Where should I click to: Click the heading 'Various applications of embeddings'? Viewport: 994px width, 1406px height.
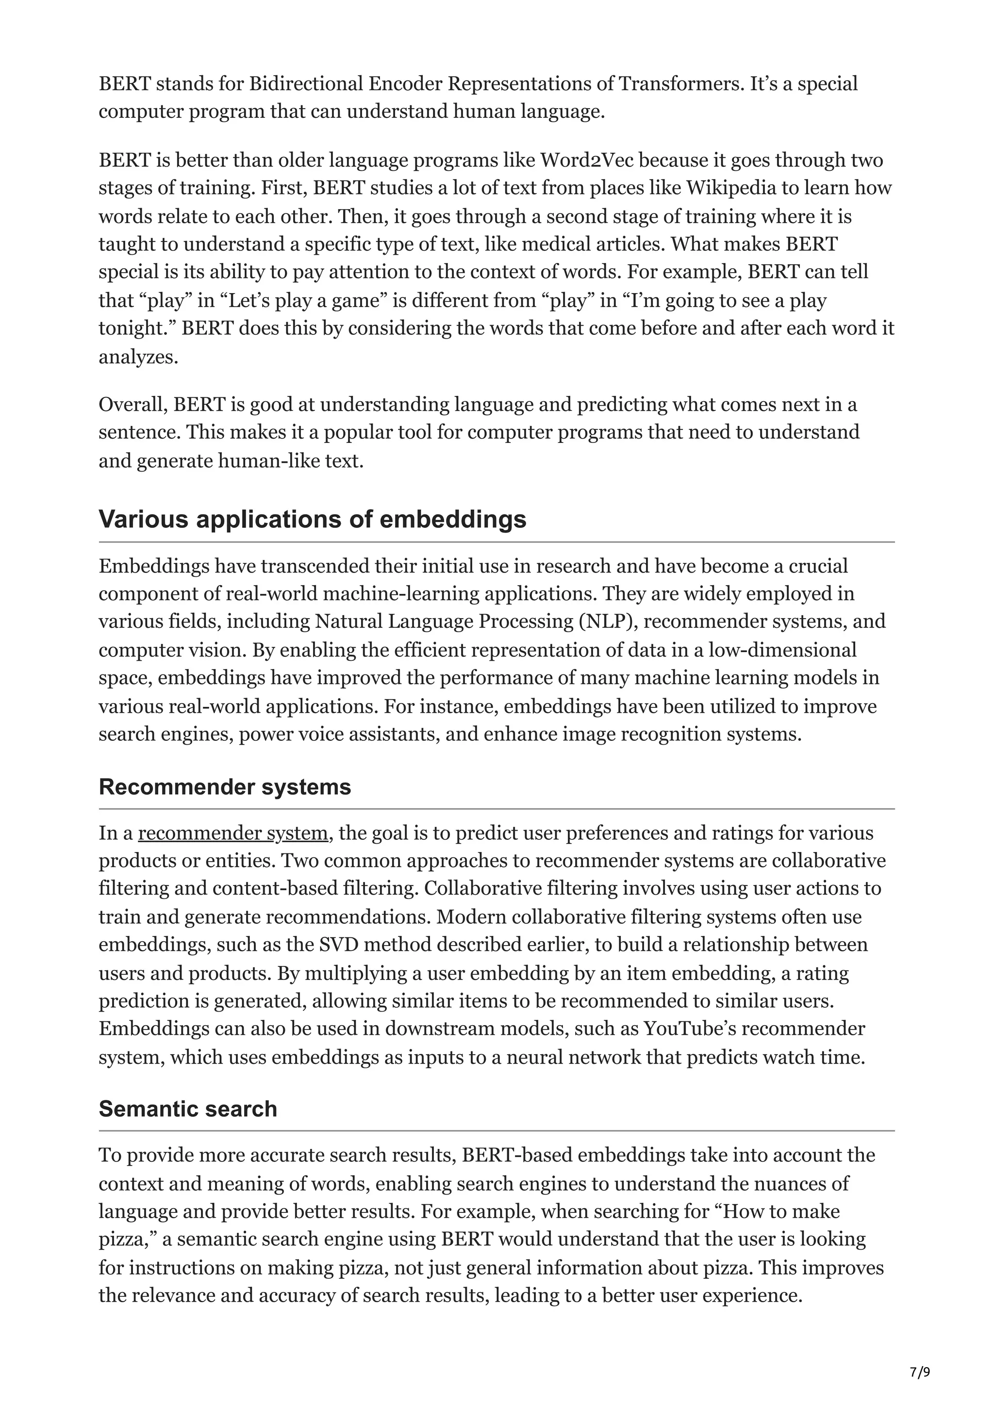(x=313, y=519)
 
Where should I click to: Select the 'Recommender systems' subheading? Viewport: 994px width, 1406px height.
(x=225, y=787)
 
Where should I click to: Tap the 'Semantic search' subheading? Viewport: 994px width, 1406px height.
(x=187, y=1109)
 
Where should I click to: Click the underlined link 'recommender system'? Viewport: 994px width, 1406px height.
(x=233, y=834)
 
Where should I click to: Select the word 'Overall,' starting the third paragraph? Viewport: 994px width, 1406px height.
(x=133, y=405)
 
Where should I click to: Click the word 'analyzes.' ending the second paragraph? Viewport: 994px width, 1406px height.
(x=138, y=357)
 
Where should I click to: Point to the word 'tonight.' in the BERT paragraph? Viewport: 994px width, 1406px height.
(x=137, y=329)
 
